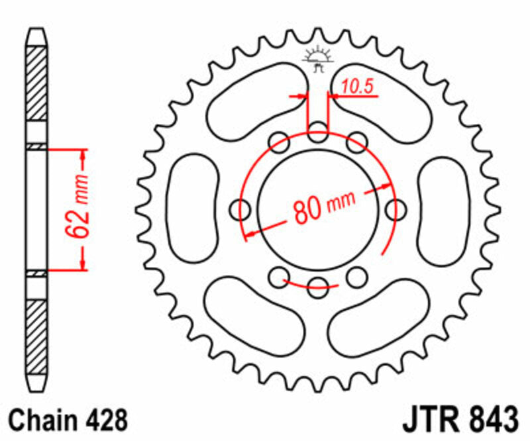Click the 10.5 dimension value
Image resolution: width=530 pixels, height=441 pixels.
point(354,86)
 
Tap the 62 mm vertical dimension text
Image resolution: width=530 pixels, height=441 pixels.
point(78,209)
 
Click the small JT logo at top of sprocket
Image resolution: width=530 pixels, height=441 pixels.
point(319,59)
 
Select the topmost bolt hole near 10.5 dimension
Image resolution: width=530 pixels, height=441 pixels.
point(319,130)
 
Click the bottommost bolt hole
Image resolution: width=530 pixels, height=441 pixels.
point(319,285)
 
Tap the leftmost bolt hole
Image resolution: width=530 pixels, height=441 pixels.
point(240,210)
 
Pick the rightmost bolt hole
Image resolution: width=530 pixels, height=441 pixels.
point(397,210)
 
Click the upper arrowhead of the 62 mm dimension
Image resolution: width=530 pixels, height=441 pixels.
point(83,156)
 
